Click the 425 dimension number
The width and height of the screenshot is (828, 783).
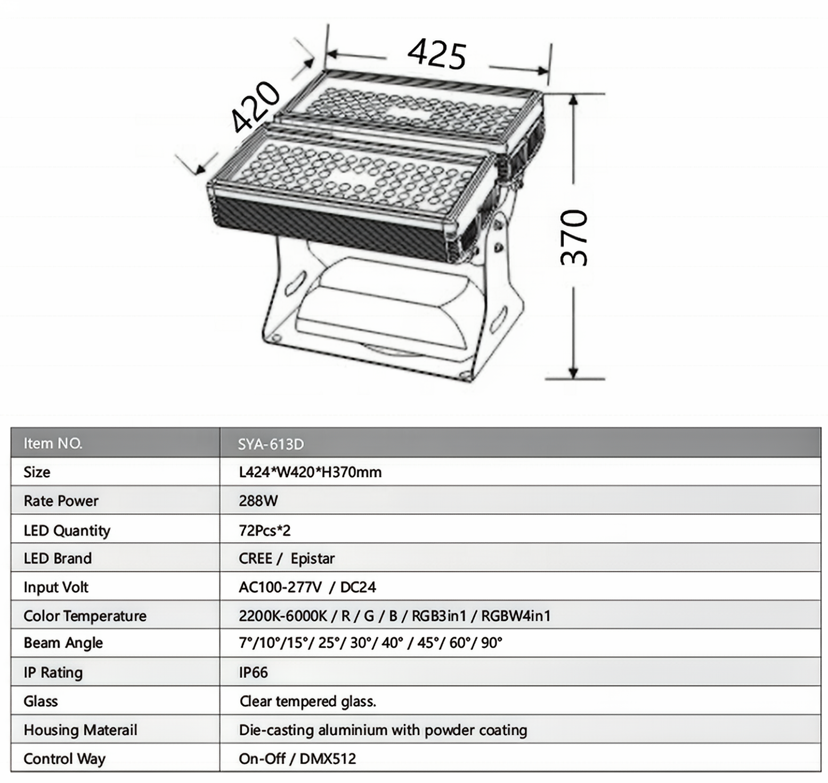[437, 54]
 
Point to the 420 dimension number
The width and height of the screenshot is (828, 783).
[256, 107]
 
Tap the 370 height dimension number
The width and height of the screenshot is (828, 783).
[574, 238]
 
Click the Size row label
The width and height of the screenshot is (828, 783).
[37, 472]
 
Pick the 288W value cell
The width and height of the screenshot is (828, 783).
[258, 501]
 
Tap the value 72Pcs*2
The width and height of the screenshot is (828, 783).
[265, 530]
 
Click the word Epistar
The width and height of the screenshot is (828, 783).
[313, 558]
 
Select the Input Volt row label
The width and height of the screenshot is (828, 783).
[56, 587]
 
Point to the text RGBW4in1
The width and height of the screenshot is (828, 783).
[516, 616]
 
